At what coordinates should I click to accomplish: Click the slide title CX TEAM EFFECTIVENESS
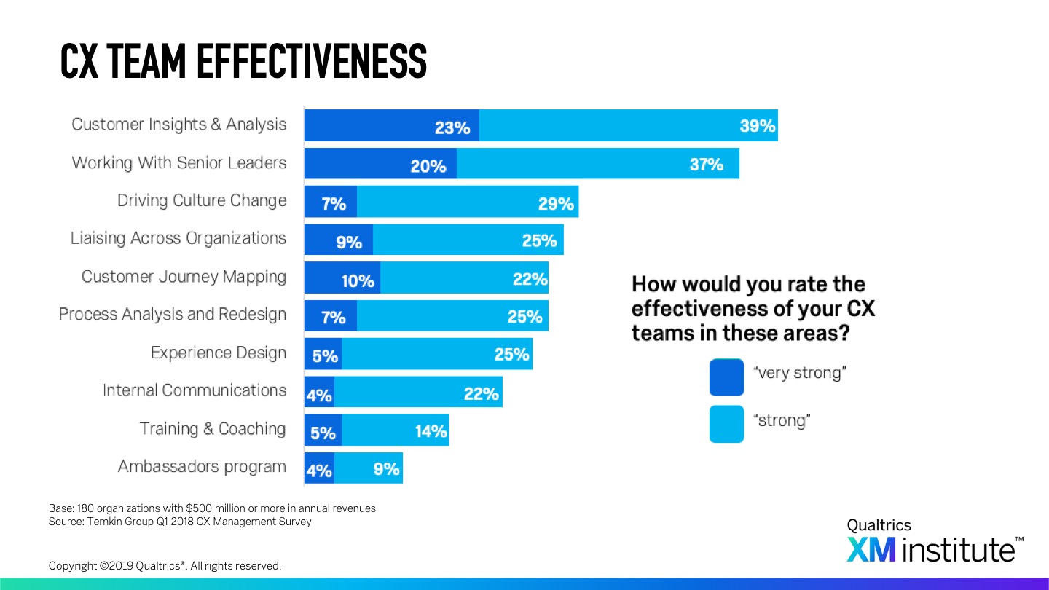click(x=243, y=61)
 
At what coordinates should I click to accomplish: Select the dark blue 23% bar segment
click(x=391, y=126)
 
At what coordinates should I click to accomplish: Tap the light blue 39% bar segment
click(x=628, y=126)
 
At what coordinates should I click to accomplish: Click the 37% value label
click(x=706, y=165)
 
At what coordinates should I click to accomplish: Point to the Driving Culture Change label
click(x=202, y=201)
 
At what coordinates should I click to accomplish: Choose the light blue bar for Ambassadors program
click(x=368, y=468)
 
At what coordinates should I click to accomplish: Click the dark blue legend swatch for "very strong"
click(x=726, y=377)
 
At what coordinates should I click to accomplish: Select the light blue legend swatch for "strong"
click(x=726, y=424)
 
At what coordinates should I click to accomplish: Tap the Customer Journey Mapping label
click(x=184, y=277)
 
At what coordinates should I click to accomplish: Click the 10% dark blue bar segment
click(x=342, y=278)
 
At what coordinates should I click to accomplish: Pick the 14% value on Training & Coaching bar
click(x=431, y=431)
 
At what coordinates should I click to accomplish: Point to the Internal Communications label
click(x=195, y=390)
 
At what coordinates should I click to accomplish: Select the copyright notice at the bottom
click(x=165, y=566)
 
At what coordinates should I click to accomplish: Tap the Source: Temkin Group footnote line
click(x=179, y=522)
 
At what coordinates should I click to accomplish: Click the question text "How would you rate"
click(x=747, y=284)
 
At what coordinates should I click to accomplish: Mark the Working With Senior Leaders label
click(x=179, y=163)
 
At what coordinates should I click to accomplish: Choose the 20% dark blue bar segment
click(x=380, y=164)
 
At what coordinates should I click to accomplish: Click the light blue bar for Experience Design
click(x=436, y=354)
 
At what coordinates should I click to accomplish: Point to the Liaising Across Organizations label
click(x=178, y=239)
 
